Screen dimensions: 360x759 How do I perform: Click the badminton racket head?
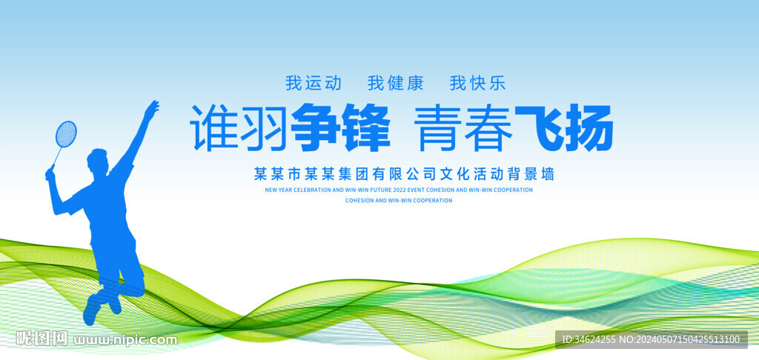(66, 133)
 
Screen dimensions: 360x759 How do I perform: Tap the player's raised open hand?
(151, 110)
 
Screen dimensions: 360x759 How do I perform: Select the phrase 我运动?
(314, 83)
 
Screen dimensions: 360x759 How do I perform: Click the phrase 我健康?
(396, 83)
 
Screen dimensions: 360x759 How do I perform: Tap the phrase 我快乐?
(477, 83)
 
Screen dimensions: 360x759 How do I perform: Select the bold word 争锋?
(340, 128)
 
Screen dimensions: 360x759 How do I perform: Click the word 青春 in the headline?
(464, 128)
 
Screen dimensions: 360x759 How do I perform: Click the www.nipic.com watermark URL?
(126, 340)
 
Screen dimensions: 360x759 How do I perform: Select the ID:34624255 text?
(589, 340)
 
